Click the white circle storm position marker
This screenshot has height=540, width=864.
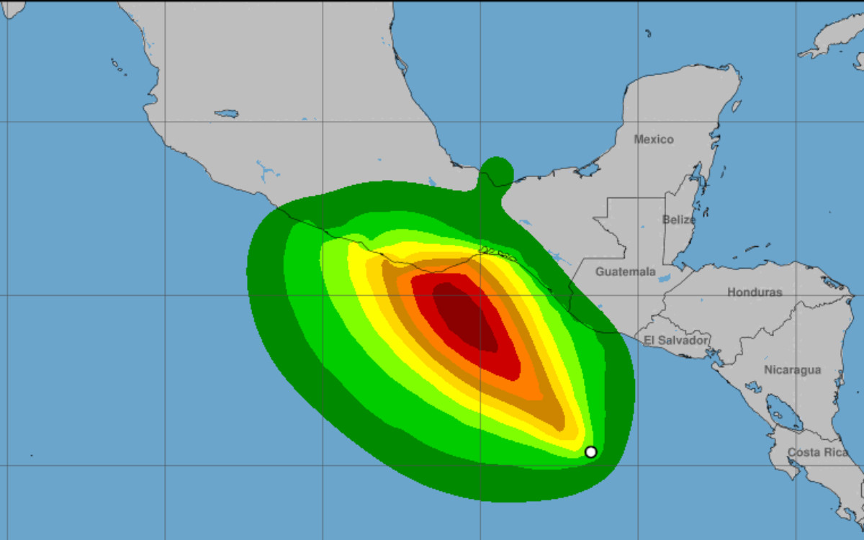tap(591, 452)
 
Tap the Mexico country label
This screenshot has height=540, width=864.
tap(654, 140)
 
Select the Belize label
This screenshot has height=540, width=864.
tap(679, 220)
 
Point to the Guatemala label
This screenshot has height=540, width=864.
tap(626, 272)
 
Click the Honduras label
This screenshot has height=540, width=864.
tap(755, 292)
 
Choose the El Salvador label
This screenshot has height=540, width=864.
tap(677, 340)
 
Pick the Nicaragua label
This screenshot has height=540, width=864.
tap(793, 370)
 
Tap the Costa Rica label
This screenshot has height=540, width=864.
tap(818, 452)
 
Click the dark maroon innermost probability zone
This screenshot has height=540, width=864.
tap(464, 317)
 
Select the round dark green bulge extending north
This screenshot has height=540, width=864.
tap(496, 174)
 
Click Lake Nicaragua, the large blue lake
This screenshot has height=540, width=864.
tap(780, 413)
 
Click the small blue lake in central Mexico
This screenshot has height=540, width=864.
tap(227, 114)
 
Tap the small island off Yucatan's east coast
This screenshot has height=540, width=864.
tap(737, 106)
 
